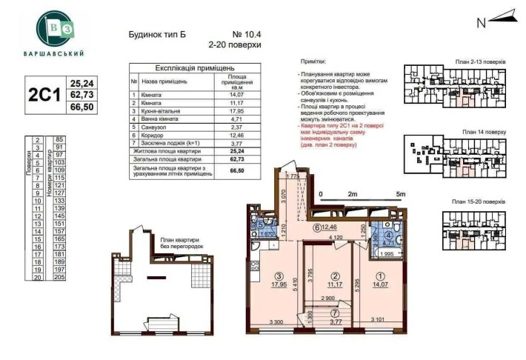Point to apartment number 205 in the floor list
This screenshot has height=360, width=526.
click(x=60, y=276)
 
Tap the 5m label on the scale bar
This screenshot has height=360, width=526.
click(x=401, y=194)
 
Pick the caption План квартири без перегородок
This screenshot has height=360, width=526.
click(x=180, y=244)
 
